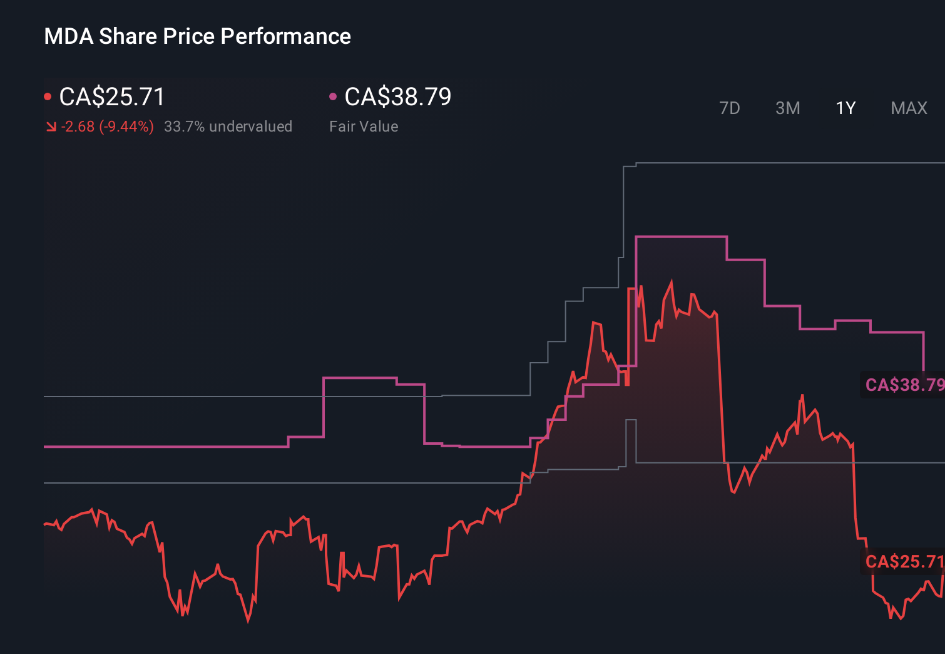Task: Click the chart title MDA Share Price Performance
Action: click(x=197, y=36)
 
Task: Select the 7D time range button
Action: click(x=729, y=108)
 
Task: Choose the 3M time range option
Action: click(x=787, y=108)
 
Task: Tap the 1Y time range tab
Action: click(x=845, y=108)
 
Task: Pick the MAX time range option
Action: click(x=909, y=108)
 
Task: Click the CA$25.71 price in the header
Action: click(x=112, y=97)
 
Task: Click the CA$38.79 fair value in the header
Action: click(x=397, y=97)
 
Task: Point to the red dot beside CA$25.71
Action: click(x=48, y=96)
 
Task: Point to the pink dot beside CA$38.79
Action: click(x=333, y=96)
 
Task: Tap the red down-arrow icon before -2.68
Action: click(x=51, y=127)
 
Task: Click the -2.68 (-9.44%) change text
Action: click(x=107, y=127)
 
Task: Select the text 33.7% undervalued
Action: click(x=228, y=127)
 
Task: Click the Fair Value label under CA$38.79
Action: click(x=364, y=127)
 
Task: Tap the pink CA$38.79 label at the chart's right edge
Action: click(x=904, y=385)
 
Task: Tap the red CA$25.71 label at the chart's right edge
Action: click(x=904, y=561)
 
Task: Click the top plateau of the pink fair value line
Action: click(x=681, y=237)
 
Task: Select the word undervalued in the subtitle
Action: click(x=250, y=127)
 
